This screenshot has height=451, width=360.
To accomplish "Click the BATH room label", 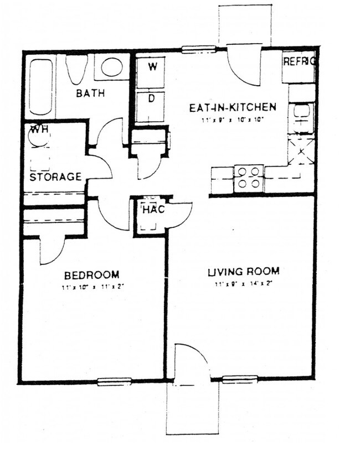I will (x=90, y=94).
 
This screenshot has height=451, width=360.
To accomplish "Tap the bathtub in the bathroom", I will (x=40, y=85).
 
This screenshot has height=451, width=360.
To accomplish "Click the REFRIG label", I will (x=299, y=61).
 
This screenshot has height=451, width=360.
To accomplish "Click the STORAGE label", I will (x=55, y=177).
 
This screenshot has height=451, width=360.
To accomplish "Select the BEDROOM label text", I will (x=91, y=275).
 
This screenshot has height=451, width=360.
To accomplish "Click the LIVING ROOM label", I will (x=243, y=272).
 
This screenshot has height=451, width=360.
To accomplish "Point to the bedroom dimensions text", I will (x=91, y=288).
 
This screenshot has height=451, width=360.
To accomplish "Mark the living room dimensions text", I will (x=243, y=284).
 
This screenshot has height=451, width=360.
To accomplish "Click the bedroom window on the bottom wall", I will (x=114, y=381).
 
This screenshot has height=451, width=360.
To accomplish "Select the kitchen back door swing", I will (x=245, y=68).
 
